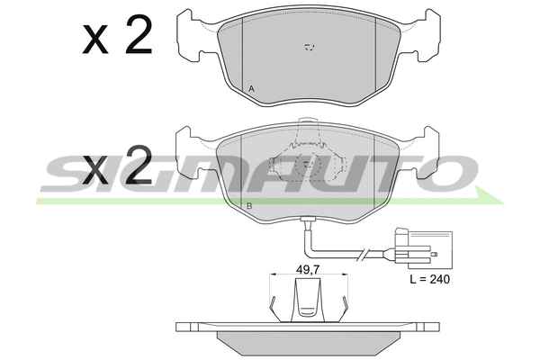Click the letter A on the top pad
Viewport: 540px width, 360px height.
251,89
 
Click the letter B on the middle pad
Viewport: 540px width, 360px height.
249,206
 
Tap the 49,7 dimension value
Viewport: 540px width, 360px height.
308,269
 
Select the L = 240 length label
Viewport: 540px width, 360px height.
430,279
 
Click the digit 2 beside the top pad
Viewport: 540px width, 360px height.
139,35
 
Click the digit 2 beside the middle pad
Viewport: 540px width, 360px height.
139,164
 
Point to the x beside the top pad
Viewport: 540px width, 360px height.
95,41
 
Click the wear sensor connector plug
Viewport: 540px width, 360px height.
424,249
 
